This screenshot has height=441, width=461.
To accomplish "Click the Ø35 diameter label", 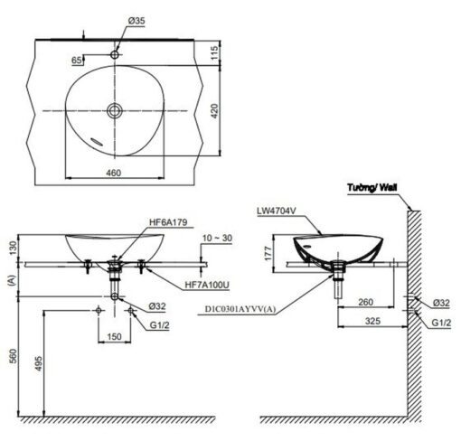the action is pos(136,21).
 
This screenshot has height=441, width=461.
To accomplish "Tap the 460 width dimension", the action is pos(114,173).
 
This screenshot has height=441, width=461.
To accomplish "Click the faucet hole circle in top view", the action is pos(115,55).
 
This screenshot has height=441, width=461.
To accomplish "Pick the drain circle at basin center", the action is pos(115,111).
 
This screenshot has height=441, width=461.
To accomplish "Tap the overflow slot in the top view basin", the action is pos(97,142).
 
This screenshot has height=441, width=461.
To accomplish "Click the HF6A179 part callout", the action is pos(168,222).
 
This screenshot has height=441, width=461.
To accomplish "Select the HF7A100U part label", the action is pos(207,285).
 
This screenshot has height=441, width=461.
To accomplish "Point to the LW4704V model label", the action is pos(277,211).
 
